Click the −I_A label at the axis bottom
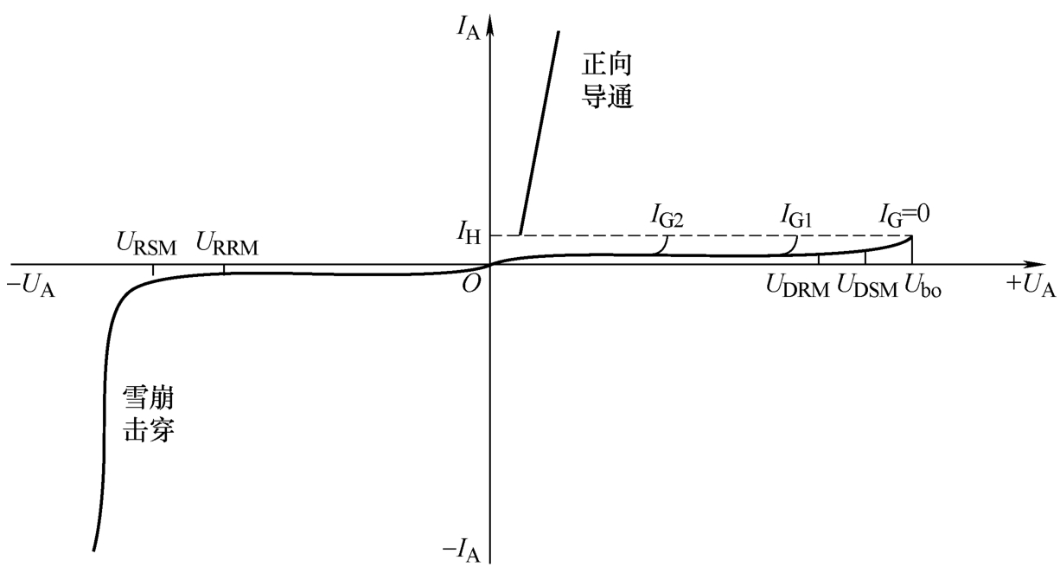pyautogui.click(x=461, y=549)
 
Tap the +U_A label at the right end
pyautogui.click(x=1031, y=287)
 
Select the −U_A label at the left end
pyautogui.click(x=31, y=287)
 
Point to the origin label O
pyautogui.click(x=471, y=282)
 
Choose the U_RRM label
pyautogui.click(x=227, y=242)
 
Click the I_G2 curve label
pyautogui.click(x=667, y=216)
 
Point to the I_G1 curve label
pyautogui.click(x=795, y=216)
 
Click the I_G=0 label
pyautogui.click(x=904, y=212)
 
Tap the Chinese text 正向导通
pyautogui.click(x=608, y=79)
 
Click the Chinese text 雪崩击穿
pyautogui.click(x=149, y=415)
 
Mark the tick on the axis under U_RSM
pyautogui.click(x=153, y=269)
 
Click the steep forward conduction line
pyautogui.click(x=540, y=130)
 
